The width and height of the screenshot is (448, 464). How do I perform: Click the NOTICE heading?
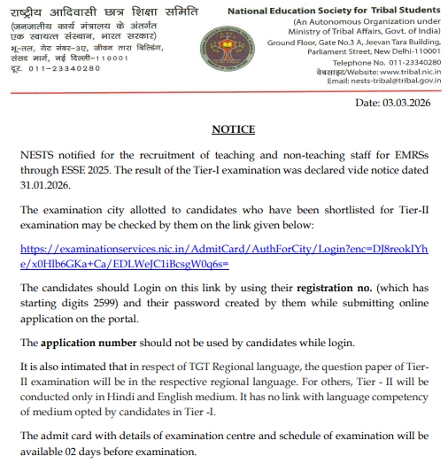pos(234,129)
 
